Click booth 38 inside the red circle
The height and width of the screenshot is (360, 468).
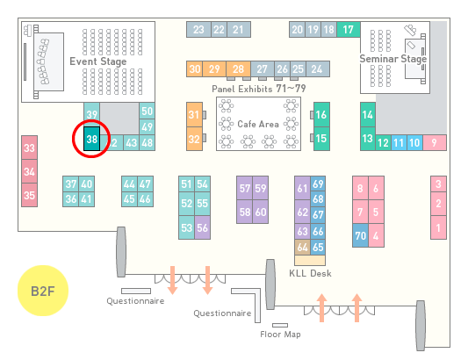point(91,139)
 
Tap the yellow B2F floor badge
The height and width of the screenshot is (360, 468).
point(43,291)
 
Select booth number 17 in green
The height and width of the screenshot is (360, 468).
point(349,29)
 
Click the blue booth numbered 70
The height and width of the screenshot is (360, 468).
point(360,235)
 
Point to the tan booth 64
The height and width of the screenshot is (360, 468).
point(302,247)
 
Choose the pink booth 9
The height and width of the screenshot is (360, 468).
point(435,143)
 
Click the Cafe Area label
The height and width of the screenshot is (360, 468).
point(258,124)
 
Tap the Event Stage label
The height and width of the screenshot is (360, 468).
point(98,61)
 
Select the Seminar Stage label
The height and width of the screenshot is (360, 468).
point(393,59)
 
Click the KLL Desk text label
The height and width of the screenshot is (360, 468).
point(310,273)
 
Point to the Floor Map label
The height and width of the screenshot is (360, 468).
point(280,334)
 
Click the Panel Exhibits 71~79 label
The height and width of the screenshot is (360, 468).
point(259,89)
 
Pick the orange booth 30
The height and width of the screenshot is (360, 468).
point(194,69)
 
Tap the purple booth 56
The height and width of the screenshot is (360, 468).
point(202,227)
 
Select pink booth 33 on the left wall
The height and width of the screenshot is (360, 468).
point(29,148)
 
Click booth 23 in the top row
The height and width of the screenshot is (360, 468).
point(198,29)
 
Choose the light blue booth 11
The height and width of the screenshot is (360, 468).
point(399,143)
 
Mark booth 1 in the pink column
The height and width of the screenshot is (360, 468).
point(438,227)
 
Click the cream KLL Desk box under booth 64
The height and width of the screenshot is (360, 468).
point(310,260)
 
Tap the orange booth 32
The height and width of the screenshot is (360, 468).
point(194,139)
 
